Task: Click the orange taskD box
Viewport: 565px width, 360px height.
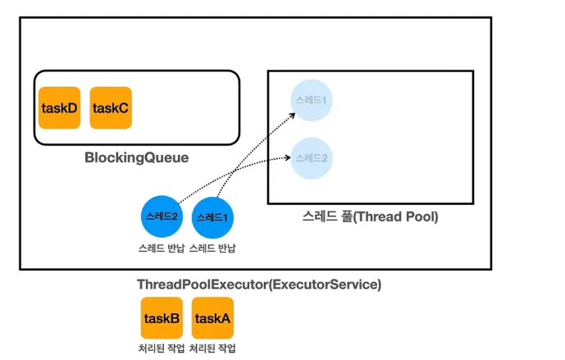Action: pos(59,107)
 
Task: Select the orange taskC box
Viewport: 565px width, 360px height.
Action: pos(111,107)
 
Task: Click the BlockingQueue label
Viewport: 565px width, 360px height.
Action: pos(136,157)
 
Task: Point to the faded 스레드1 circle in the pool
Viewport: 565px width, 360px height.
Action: pos(311,101)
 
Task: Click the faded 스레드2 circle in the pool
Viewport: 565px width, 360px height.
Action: pos(311,157)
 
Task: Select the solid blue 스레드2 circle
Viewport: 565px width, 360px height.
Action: pos(162,217)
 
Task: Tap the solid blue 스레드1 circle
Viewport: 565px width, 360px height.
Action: pos(212,217)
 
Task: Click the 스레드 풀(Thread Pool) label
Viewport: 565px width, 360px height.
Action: pos(371,217)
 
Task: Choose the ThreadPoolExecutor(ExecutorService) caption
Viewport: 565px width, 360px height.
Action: pos(258,285)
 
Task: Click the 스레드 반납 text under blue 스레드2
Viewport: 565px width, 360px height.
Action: pos(162,248)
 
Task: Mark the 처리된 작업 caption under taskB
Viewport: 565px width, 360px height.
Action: pos(162,349)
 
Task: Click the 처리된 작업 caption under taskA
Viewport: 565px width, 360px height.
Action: pos(212,349)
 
